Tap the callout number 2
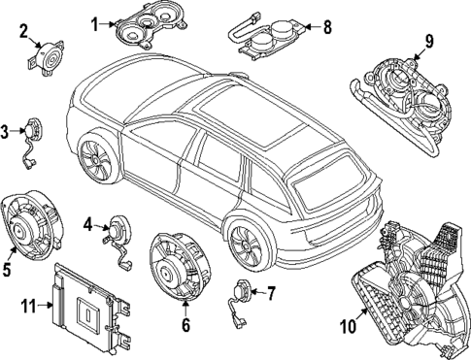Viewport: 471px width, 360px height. pos(22,31)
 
